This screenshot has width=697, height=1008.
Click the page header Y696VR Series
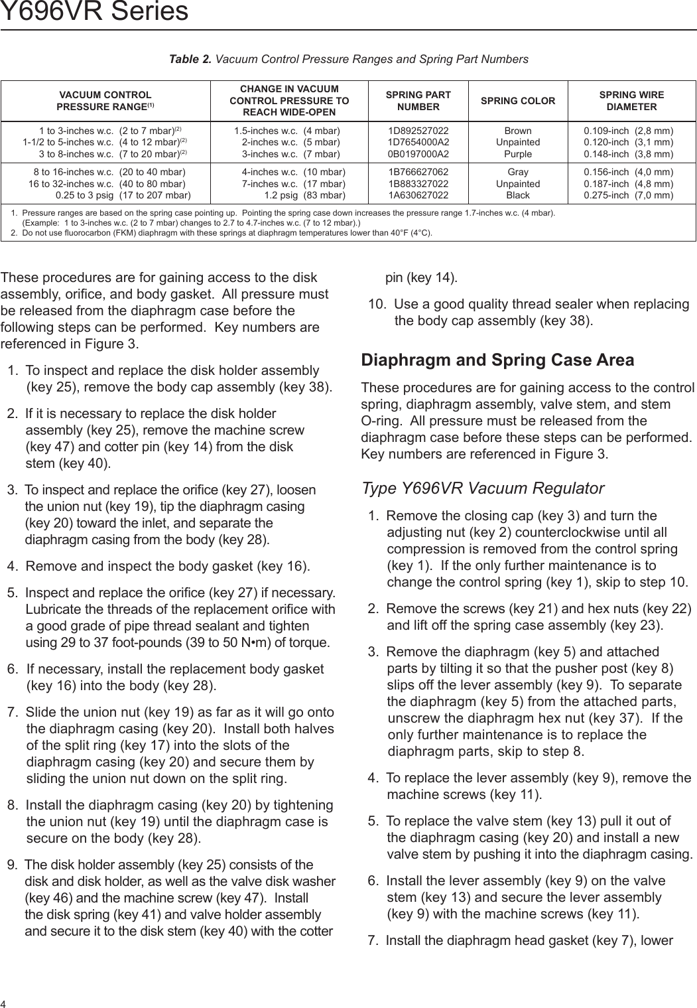[x=94, y=11]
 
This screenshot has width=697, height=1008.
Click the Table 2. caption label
[x=190, y=60]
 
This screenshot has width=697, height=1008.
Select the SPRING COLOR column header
[x=517, y=101]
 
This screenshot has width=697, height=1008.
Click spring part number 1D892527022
[x=418, y=131]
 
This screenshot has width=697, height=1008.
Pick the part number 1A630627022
[x=418, y=195]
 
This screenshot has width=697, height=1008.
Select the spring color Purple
[x=518, y=154]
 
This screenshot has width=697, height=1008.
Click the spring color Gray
[x=518, y=173]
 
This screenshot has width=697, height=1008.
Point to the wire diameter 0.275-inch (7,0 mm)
[x=628, y=195]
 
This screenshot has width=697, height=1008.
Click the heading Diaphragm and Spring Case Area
[x=497, y=360]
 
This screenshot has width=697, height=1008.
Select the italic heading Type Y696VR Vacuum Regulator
[x=482, y=488]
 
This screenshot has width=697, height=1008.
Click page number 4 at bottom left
[x=3, y=1002]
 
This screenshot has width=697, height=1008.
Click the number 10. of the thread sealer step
[x=377, y=305]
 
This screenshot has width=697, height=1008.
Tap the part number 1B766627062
[x=418, y=173]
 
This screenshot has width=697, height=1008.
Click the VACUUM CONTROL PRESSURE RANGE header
[x=105, y=101]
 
